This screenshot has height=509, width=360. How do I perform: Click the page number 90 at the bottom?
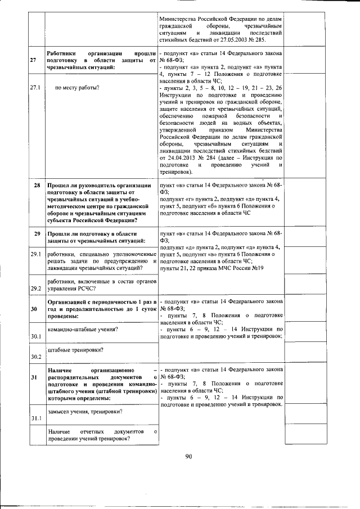(x=189, y=456)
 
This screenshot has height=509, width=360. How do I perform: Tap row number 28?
(x=37, y=186)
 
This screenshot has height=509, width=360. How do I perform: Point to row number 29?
(x=37, y=233)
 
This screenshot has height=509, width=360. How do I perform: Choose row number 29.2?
(x=36, y=289)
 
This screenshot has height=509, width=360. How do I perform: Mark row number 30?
(x=34, y=309)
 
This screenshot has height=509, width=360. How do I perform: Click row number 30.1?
(x=36, y=336)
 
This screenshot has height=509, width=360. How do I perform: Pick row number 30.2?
(x=36, y=357)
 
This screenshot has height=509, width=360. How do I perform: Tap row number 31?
(x=34, y=377)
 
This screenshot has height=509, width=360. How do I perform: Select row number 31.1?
(x=36, y=418)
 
